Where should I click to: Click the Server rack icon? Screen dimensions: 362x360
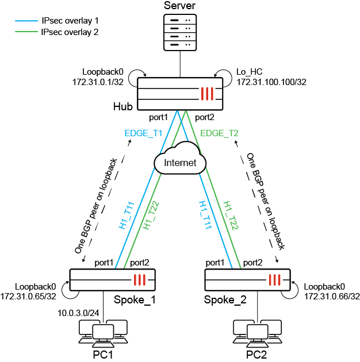click(x=180, y=32)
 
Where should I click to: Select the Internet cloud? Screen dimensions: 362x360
click(x=180, y=163)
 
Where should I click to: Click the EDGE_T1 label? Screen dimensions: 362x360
click(x=143, y=133)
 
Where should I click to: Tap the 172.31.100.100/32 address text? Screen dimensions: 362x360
click(x=271, y=82)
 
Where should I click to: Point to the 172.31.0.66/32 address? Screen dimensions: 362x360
click(x=332, y=296)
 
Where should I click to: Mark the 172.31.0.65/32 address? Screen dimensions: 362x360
click(x=28, y=296)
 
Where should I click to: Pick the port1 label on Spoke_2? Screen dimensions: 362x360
click(x=216, y=262)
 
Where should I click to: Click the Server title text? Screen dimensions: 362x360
click(x=180, y=6)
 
